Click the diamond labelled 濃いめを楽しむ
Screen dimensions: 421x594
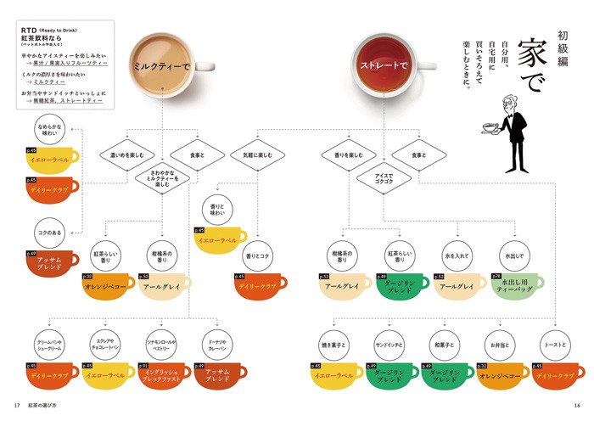click(x=126, y=155)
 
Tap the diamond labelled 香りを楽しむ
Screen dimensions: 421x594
click(x=344, y=155)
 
